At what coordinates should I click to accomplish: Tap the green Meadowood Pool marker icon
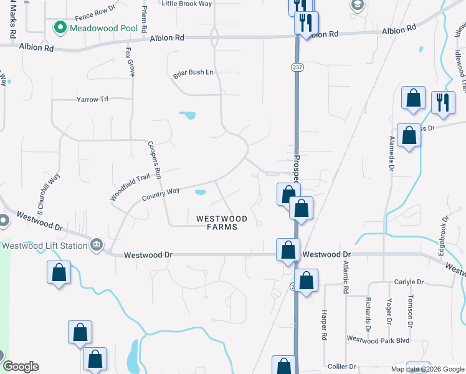60,27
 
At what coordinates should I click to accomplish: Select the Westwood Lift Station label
44,246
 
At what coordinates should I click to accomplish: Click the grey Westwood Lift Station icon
97,244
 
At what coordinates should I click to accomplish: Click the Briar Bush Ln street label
193,73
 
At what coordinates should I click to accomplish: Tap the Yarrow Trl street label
92,99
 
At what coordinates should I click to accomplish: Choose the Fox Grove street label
130,62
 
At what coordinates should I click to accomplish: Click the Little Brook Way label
187,3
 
